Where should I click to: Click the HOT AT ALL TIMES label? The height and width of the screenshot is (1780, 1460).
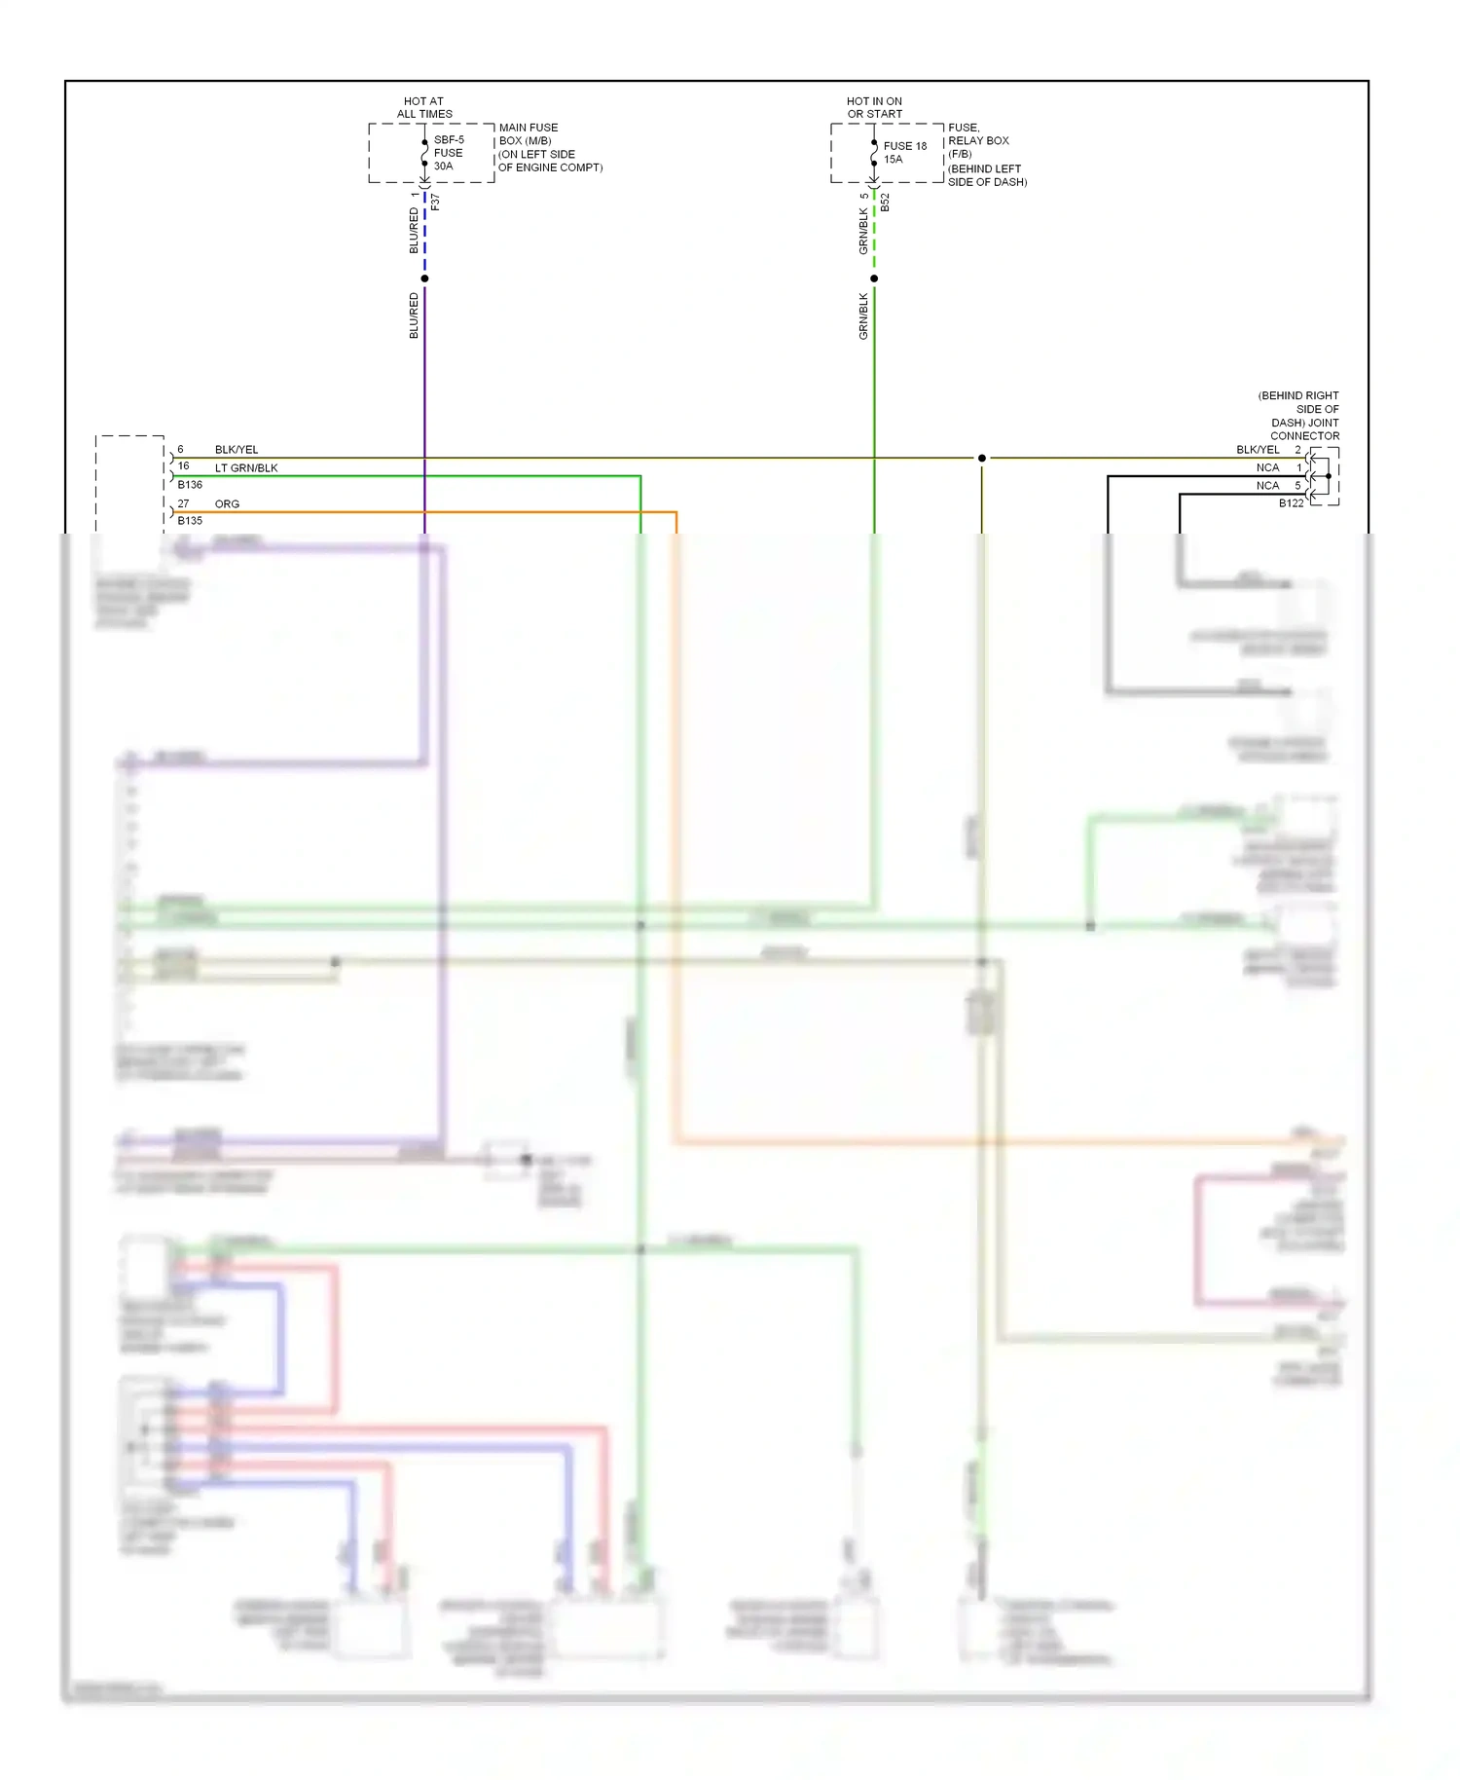coord(424,107)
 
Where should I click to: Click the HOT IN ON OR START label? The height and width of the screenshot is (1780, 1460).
coord(874,107)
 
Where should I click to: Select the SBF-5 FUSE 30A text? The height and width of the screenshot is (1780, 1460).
coord(448,153)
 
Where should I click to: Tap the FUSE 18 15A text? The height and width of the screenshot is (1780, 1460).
coord(904,152)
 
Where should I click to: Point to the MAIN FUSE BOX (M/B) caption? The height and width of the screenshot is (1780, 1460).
coord(529,134)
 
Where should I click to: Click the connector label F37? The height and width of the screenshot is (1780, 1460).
coord(435,202)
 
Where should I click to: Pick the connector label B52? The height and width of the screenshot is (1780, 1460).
coord(885,203)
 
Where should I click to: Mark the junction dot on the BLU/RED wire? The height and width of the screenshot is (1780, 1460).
coord(424,278)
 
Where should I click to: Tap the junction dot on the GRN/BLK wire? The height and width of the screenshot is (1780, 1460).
coord(874,278)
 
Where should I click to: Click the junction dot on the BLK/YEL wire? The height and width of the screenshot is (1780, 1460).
coord(982,458)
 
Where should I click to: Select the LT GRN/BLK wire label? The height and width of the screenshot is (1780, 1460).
coord(246,468)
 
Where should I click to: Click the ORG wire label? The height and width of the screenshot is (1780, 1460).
coord(227,504)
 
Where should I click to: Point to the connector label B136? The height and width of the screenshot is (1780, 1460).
coord(190,485)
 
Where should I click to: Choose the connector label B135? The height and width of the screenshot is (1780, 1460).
coord(190,521)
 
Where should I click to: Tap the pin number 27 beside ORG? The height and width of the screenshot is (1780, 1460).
coord(183,504)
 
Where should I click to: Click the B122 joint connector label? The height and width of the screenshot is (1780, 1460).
coord(1291,503)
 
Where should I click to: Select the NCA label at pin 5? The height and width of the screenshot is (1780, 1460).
coord(1267,486)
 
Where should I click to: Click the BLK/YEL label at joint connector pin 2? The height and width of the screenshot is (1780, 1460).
coord(1258,450)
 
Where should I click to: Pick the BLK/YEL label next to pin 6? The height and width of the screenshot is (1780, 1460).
coord(237,450)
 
